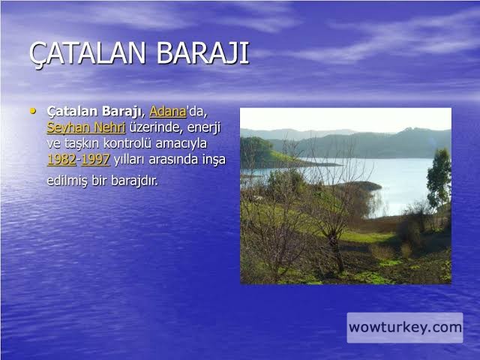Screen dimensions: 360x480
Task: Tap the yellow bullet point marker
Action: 34,110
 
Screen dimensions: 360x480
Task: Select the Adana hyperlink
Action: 167,112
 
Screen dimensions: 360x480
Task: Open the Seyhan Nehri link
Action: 85,127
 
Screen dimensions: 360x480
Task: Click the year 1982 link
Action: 61,159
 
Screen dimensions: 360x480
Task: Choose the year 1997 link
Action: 95,159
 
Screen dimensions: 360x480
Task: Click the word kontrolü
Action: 135,143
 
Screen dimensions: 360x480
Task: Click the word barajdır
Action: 135,181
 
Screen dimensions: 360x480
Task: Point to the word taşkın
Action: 85,143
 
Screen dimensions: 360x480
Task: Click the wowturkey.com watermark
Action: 404,327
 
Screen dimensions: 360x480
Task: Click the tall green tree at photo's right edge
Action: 439,176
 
